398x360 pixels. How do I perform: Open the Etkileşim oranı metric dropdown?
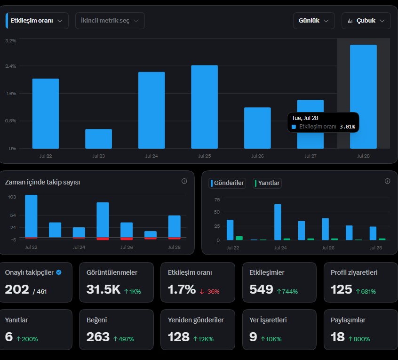point(37,21)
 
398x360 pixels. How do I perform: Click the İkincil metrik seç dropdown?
point(110,21)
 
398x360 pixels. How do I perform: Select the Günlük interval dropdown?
point(314,21)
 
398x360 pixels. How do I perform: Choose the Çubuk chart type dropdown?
point(366,21)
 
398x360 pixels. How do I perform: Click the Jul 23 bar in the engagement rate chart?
point(98,139)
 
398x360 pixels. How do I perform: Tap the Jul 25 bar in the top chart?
point(204,107)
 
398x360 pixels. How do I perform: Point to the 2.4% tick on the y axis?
point(11,66)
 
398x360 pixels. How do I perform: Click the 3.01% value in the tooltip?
point(347,127)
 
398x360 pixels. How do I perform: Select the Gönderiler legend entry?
point(227,183)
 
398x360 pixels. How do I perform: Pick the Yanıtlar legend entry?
point(267,183)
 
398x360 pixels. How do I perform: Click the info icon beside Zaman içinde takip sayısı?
point(184,181)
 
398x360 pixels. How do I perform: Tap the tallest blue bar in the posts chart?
point(278,222)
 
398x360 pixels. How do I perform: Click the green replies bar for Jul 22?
point(239,238)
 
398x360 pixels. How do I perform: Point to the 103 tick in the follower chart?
point(12,197)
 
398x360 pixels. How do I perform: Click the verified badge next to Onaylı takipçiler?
point(59,272)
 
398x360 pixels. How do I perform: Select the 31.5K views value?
point(103,289)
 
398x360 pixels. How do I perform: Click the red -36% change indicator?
point(210,291)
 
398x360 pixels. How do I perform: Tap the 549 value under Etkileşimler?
point(261,289)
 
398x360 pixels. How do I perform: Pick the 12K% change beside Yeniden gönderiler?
point(203,339)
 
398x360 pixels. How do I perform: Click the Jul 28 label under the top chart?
point(363,156)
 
